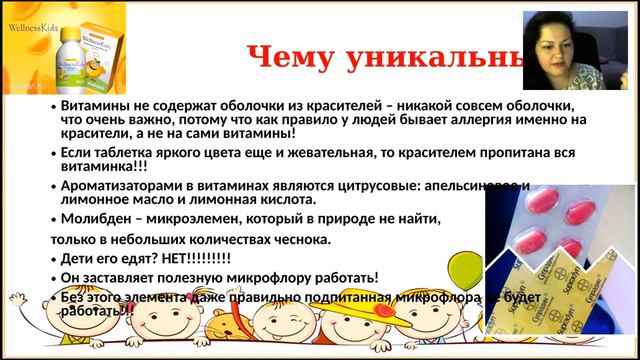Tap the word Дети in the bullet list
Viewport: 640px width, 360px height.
79,258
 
